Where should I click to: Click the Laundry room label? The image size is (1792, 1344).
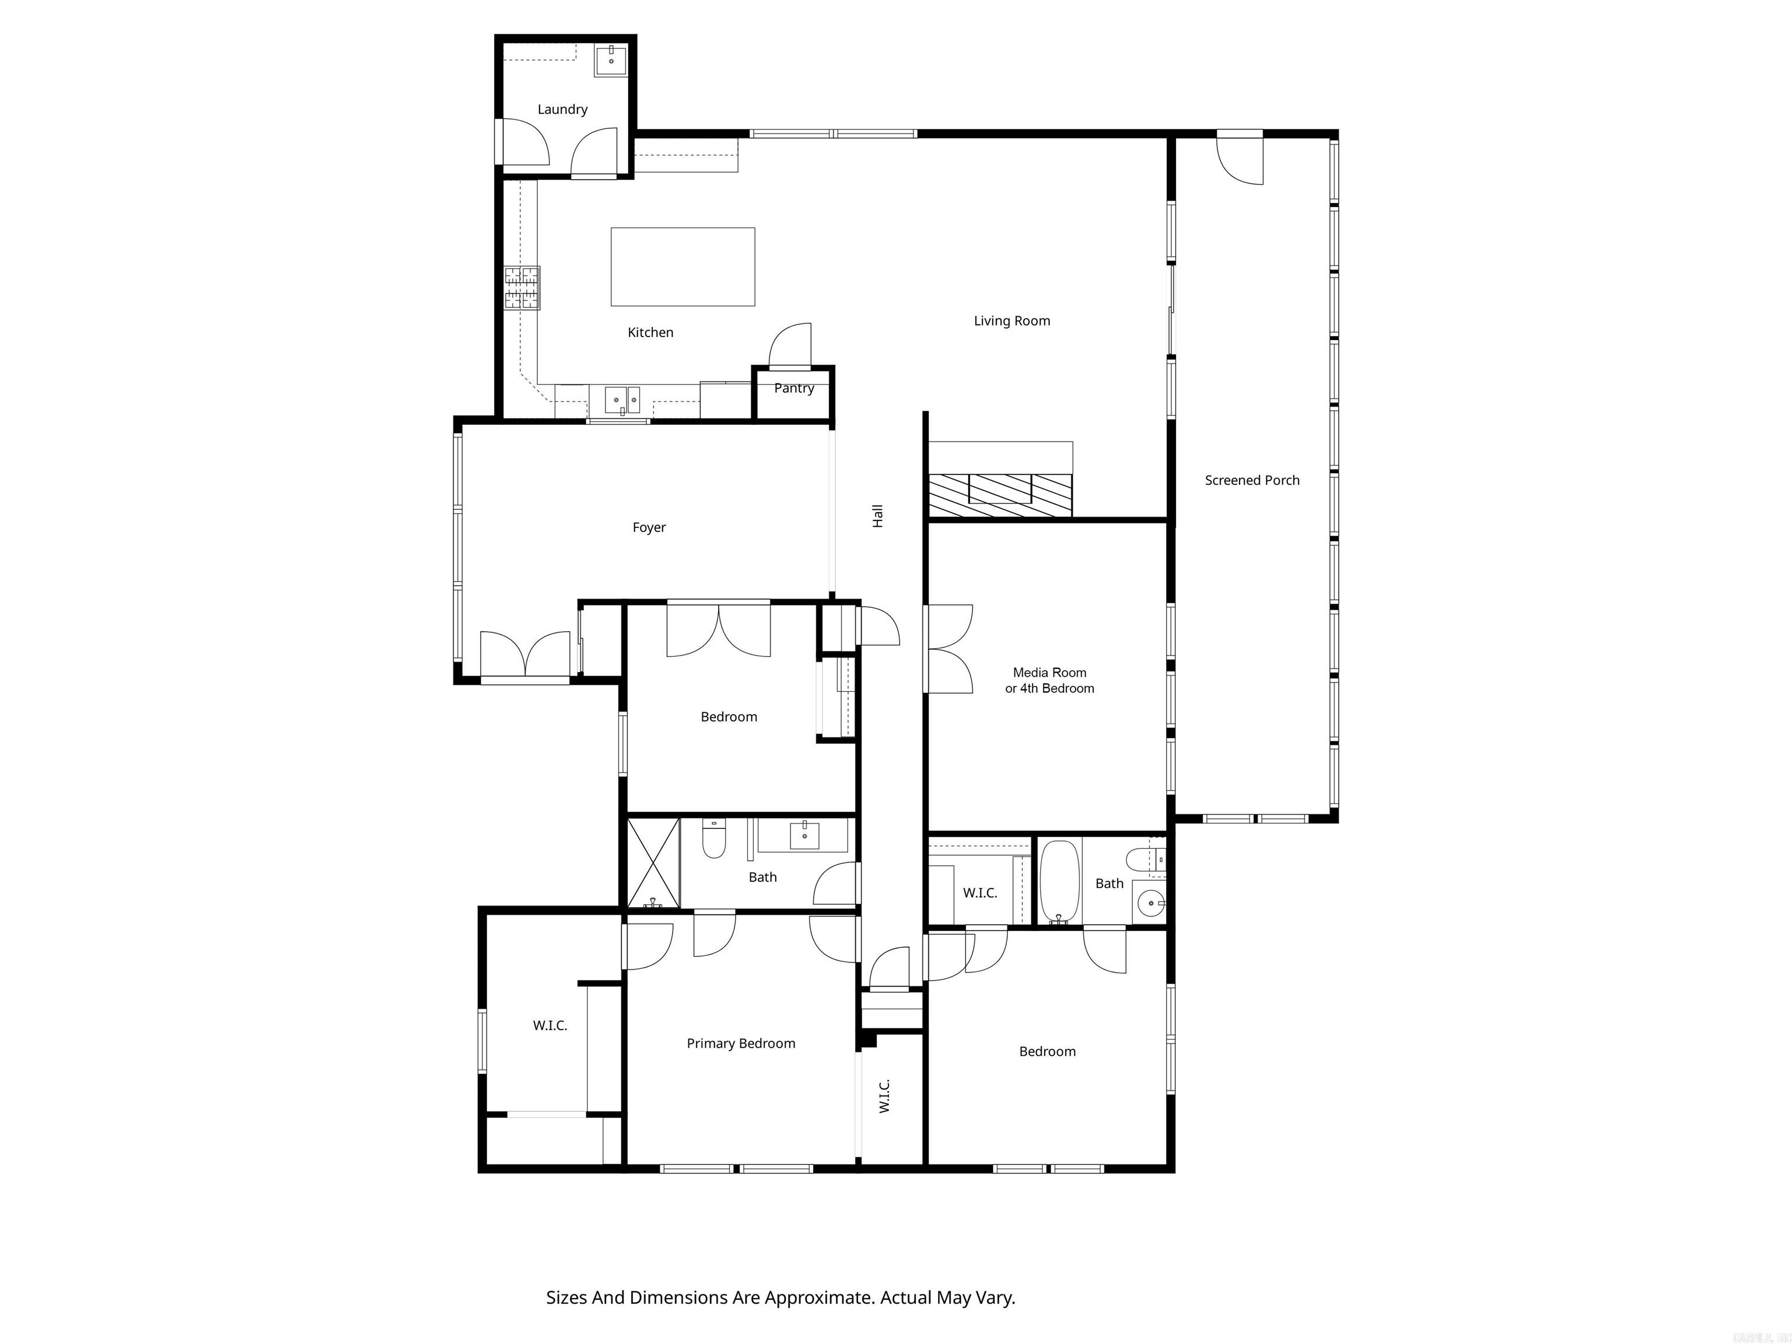[x=562, y=109]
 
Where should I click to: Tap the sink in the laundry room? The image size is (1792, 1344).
[x=611, y=59]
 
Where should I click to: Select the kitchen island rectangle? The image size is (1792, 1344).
[x=682, y=267]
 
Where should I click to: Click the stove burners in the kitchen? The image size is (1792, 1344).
[x=521, y=288]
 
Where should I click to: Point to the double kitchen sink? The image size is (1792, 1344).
[x=622, y=400]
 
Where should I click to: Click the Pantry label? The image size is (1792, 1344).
[x=793, y=388]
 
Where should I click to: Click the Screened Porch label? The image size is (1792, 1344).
[x=1252, y=481]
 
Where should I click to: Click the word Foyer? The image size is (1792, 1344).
[x=649, y=527]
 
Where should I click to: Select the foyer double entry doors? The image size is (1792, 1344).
[x=525, y=654]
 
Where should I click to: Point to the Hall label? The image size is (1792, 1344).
[x=877, y=516]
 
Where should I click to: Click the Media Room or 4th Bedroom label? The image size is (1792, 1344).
[x=1049, y=681]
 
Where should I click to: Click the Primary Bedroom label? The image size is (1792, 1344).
[x=740, y=1044]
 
